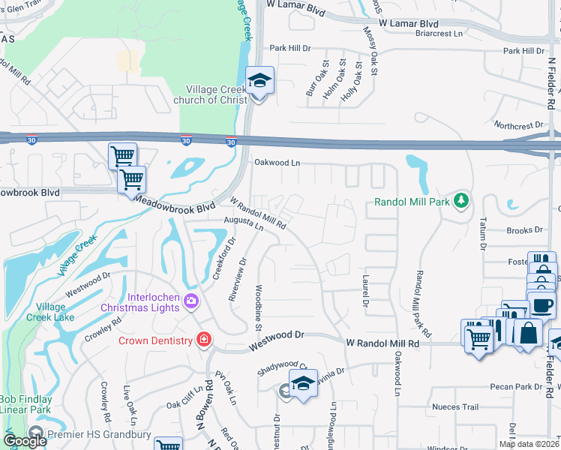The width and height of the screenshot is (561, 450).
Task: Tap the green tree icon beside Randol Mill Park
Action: tap(463, 199)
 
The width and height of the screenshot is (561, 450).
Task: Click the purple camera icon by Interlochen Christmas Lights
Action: tap(191, 302)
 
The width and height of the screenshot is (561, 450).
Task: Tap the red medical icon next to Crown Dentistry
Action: tap(202, 340)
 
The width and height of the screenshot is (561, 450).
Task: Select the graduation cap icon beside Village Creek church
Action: tap(259, 79)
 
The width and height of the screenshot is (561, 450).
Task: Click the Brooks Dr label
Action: tap(523, 231)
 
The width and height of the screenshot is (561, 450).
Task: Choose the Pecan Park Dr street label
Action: tap(514, 387)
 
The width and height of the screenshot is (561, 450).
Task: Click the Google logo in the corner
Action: tap(25, 441)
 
